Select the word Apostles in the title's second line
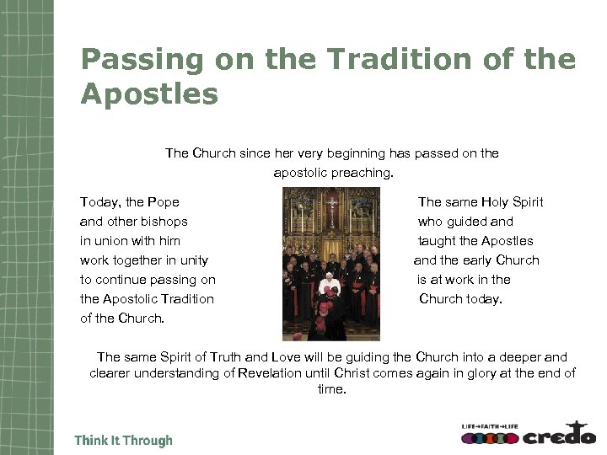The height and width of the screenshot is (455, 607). [x=149, y=94]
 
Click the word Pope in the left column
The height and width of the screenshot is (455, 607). [x=163, y=202]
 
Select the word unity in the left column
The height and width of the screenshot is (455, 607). [x=193, y=260]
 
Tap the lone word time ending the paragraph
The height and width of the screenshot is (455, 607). [x=331, y=390]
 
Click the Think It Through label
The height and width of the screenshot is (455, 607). [x=123, y=441]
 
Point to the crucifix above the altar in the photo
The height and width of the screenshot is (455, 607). [x=332, y=204]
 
